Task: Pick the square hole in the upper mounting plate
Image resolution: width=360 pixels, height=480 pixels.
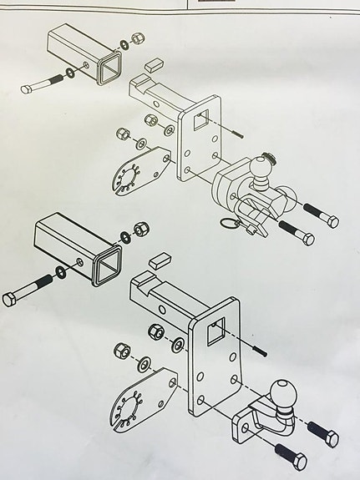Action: tap(202, 118)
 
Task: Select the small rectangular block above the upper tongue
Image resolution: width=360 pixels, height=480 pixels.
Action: tap(155, 62)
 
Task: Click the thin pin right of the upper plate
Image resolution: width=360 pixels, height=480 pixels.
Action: tap(236, 131)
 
